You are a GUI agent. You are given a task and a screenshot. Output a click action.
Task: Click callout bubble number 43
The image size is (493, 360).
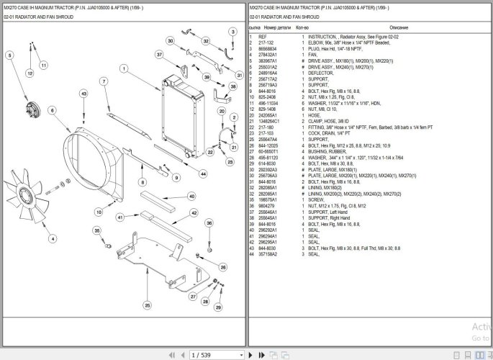point(83,94)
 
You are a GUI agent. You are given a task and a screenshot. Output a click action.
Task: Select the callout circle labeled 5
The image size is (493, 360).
point(9,55)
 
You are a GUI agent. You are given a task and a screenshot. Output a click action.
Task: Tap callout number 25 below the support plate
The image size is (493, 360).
point(147,303)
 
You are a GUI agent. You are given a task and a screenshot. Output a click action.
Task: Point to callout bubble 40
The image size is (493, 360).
point(191,196)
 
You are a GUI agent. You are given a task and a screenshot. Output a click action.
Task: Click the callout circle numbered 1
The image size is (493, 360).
point(125,68)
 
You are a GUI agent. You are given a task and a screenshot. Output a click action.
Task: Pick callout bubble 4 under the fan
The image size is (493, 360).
point(52,238)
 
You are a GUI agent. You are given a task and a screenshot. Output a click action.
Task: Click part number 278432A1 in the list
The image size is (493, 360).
point(267,55)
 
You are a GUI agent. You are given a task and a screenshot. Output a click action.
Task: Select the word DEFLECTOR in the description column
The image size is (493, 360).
point(320,73)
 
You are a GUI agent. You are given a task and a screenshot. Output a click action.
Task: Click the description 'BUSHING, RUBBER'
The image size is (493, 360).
point(325,151)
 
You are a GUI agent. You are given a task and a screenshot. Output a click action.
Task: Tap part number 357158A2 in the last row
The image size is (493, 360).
point(268,254)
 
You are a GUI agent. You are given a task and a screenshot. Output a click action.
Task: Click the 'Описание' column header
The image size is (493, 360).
point(398,27)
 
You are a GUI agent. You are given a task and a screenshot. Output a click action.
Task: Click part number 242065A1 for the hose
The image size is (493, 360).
point(267,115)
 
